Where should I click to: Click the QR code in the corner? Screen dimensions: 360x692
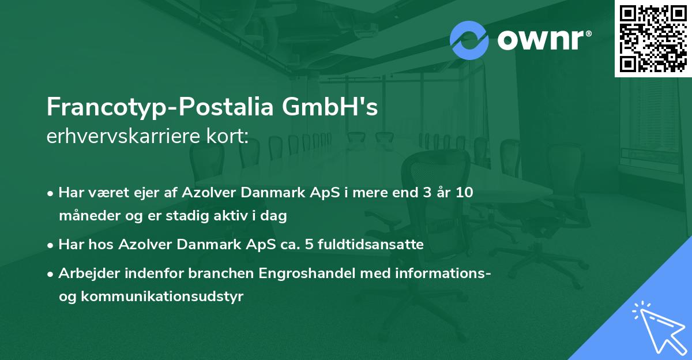[653, 39]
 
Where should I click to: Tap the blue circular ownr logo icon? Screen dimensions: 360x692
[469, 40]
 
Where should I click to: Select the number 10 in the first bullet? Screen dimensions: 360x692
[464, 193]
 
